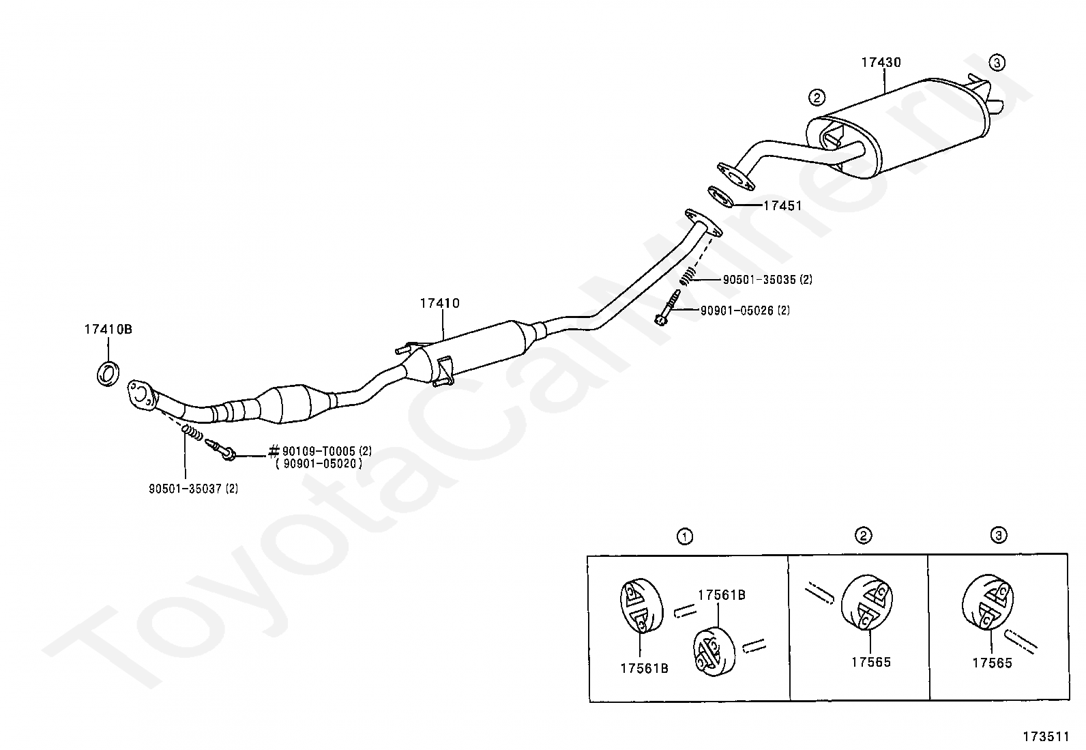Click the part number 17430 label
pyautogui.click(x=881, y=62)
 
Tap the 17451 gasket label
pyautogui.click(x=782, y=205)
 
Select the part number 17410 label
pyautogui.click(x=440, y=303)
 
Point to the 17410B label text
pyautogui.click(x=108, y=330)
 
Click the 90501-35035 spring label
pyautogui.click(x=767, y=280)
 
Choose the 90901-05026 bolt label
pyautogui.click(x=745, y=311)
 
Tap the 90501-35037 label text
pyautogui.click(x=194, y=489)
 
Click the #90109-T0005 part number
pyautogui.click(x=321, y=451)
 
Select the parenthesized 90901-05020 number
pyautogui.click(x=319, y=464)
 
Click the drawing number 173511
pyautogui.click(x=1046, y=737)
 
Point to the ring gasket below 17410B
pyautogui.click(x=108, y=373)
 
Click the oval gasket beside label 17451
pyautogui.click(x=720, y=196)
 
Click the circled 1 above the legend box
pyautogui.click(x=685, y=537)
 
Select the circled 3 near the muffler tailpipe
pyautogui.click(x=997, y=63)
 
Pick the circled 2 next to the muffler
pyautogui.click(x=817, y=98)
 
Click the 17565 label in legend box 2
pyautogui.click(x=871, y=662)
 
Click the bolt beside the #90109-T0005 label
pyautogui.click(x=221, y=450)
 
